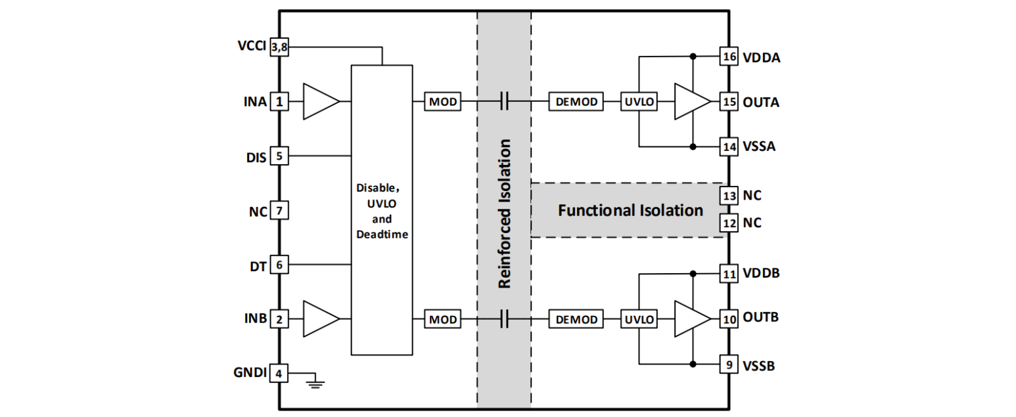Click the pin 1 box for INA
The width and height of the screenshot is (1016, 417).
(280, 102)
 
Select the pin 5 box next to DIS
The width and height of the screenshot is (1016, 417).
(280, 156)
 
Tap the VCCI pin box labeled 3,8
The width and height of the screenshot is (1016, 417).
(280, 47)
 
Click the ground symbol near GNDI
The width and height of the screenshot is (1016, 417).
(316, 382)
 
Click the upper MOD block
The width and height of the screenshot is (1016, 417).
(443, 102)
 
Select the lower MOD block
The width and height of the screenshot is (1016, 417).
(443, 320)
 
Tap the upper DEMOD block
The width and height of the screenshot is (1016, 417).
(577, 102)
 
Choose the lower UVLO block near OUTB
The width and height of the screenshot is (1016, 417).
(639, 320)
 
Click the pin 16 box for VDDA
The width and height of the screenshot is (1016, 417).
(728, 57)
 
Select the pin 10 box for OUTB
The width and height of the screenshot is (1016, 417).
(728, 319)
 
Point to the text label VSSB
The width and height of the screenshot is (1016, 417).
(758, 365)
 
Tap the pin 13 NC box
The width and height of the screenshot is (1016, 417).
(728, 196)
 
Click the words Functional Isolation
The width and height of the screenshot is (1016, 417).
(630, 211)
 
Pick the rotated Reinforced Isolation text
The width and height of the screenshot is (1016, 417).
(505, 213)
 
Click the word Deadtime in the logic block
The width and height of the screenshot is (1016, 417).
(382, 234)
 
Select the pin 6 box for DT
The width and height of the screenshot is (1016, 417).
(280, 265)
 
